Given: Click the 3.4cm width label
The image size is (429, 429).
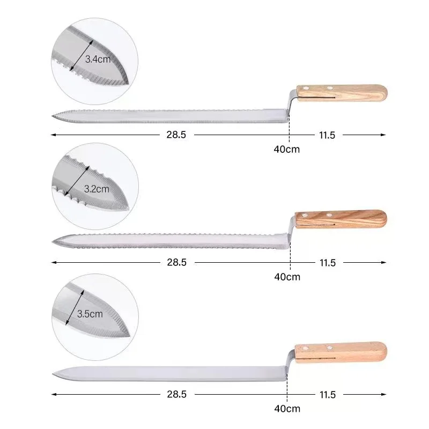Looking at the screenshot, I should [x=98, y=60].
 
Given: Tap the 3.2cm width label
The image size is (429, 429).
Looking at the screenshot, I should [x=97, y=188].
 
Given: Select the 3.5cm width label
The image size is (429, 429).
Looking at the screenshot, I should [x=90, y=314].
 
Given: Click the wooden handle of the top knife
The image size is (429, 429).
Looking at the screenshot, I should [x=342, y=92].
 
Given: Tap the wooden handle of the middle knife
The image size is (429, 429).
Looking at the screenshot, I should [x=341, y=219].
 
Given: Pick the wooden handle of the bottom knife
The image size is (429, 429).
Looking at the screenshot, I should [x=341, y=351].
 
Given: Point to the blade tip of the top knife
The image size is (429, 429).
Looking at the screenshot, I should [x=53, y=116].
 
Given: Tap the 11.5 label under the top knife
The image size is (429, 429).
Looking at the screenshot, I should [x=327, y=135].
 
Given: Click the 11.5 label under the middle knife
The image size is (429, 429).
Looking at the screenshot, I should [x=327, y=262].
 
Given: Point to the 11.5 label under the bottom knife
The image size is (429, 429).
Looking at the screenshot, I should [x=327, y=395].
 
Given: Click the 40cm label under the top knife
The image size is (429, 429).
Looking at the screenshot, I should [x=287, y=149].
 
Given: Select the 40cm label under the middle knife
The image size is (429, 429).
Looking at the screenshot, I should [x=287, y=277].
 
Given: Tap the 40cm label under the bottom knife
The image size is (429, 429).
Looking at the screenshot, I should [x=287, y=409].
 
